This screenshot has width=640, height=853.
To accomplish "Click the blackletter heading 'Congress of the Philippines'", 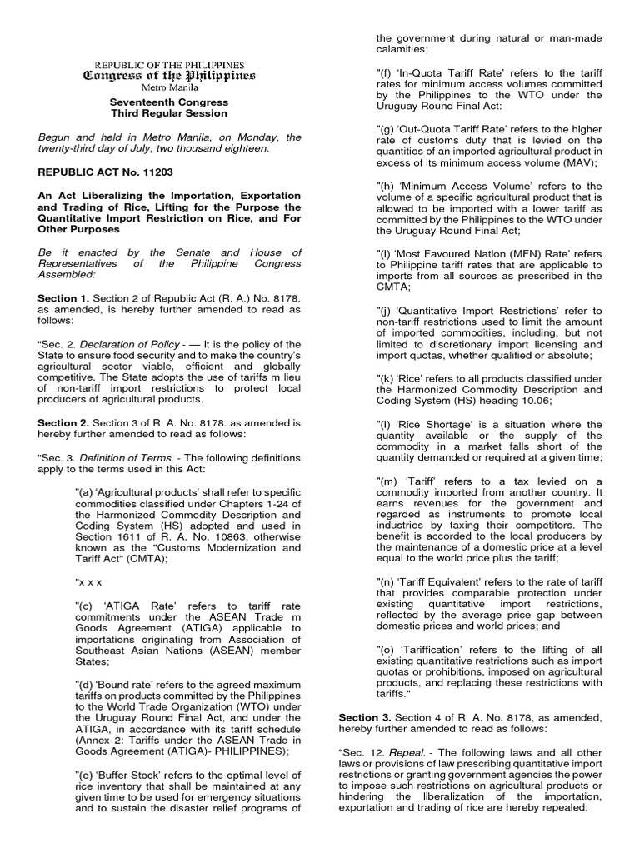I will click(x=167, y=76).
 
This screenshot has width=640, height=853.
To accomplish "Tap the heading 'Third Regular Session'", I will click(x=167, y=113).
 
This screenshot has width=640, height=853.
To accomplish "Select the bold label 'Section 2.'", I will click(x=62, y=422).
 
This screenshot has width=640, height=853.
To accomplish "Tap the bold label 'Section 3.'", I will click(x=363, y=716).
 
